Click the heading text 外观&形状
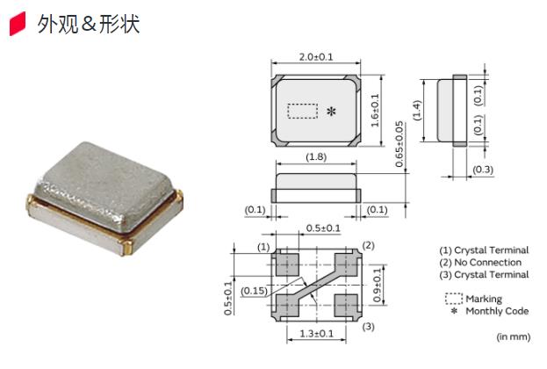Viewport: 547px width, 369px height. pyautogui.click(x=88, y=25)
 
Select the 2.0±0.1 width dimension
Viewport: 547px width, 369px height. pyautogui.click(x=316, y=57)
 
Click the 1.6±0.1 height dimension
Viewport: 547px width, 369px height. pyautogui.click(x=375, y=111)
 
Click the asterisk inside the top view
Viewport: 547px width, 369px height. pyautogui.click(x=331, y=112)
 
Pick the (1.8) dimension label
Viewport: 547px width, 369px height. pyautogui.click(x=316, y=157)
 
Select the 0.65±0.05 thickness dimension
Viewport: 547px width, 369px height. pyautogui.click(x=399, y=145)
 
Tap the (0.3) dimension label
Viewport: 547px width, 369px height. pyautogui.click(x=482, y=169)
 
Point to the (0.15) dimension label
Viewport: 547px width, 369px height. pyautogui.click(x=256, y=291)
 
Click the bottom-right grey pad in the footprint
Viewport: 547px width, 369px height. pyautogui.click(x=345, y=303)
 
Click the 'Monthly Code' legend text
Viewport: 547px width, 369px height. pyautogui.click(x=497, y=311)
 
